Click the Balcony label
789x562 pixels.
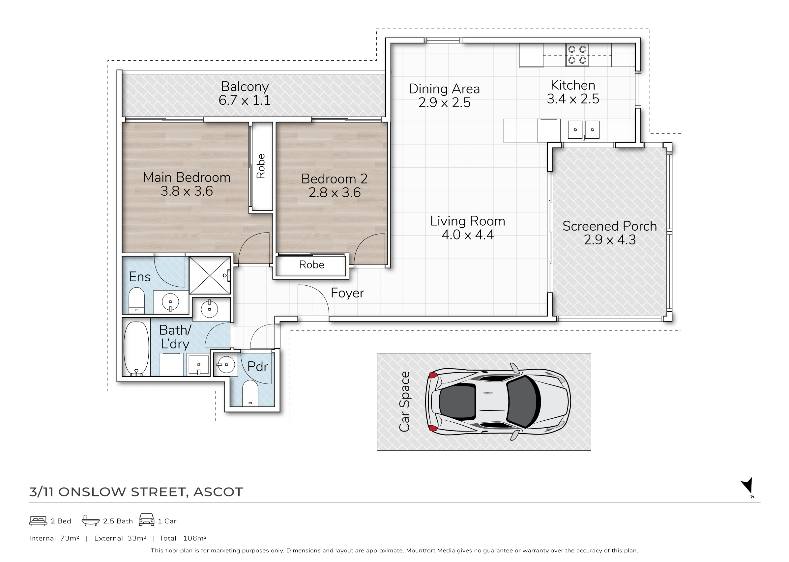click(x=245, y=86)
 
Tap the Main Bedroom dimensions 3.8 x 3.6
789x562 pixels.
click(x=187, y=191)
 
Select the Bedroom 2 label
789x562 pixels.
click(x=334, y=179)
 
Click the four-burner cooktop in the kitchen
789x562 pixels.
click(x=577, y=55)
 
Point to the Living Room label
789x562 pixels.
click(x=467, y=221)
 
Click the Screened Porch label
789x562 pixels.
click(x=610, y=226)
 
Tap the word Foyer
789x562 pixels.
click(x=347, y=293)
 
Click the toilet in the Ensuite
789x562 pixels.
click(x=136, y=300)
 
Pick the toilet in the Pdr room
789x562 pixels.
click(x=250, y=393)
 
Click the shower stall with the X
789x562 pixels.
click(x=210, y=275)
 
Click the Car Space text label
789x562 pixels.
click(x=404, y=402)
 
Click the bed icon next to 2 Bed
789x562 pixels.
click(x=38, y=521)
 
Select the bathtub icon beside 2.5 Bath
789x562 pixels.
click(x=90, y=520)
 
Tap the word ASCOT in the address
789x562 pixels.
click(x=218, y=492)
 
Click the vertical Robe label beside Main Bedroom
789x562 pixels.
click(x=261, y=166)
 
